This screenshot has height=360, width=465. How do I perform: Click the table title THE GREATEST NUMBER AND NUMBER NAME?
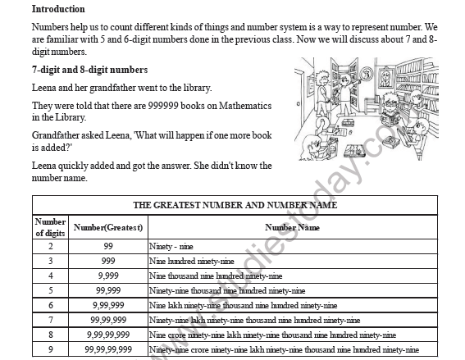tap(235, 205)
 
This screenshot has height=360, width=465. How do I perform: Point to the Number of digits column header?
tap(49, 227)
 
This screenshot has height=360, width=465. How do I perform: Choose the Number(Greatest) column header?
tap(108, 227)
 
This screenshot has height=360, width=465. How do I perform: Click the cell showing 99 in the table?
tap(108, 246)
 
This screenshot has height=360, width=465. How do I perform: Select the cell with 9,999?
tap(108, 276)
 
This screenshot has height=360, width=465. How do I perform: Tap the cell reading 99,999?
tap(108, 290)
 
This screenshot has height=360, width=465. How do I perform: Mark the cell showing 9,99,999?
tap(108, 305)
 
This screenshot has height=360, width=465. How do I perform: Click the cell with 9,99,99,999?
tap(108, 335)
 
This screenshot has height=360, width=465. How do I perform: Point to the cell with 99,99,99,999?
tap(108, 349)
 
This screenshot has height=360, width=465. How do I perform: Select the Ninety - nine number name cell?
tap(171, 246)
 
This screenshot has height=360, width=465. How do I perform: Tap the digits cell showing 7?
tap(50, 320)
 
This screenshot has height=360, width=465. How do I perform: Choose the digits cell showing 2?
tap(50, 246)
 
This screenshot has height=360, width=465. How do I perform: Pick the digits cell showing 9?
tap(50, 349)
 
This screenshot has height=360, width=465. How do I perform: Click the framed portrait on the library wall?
tap(383, 78)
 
